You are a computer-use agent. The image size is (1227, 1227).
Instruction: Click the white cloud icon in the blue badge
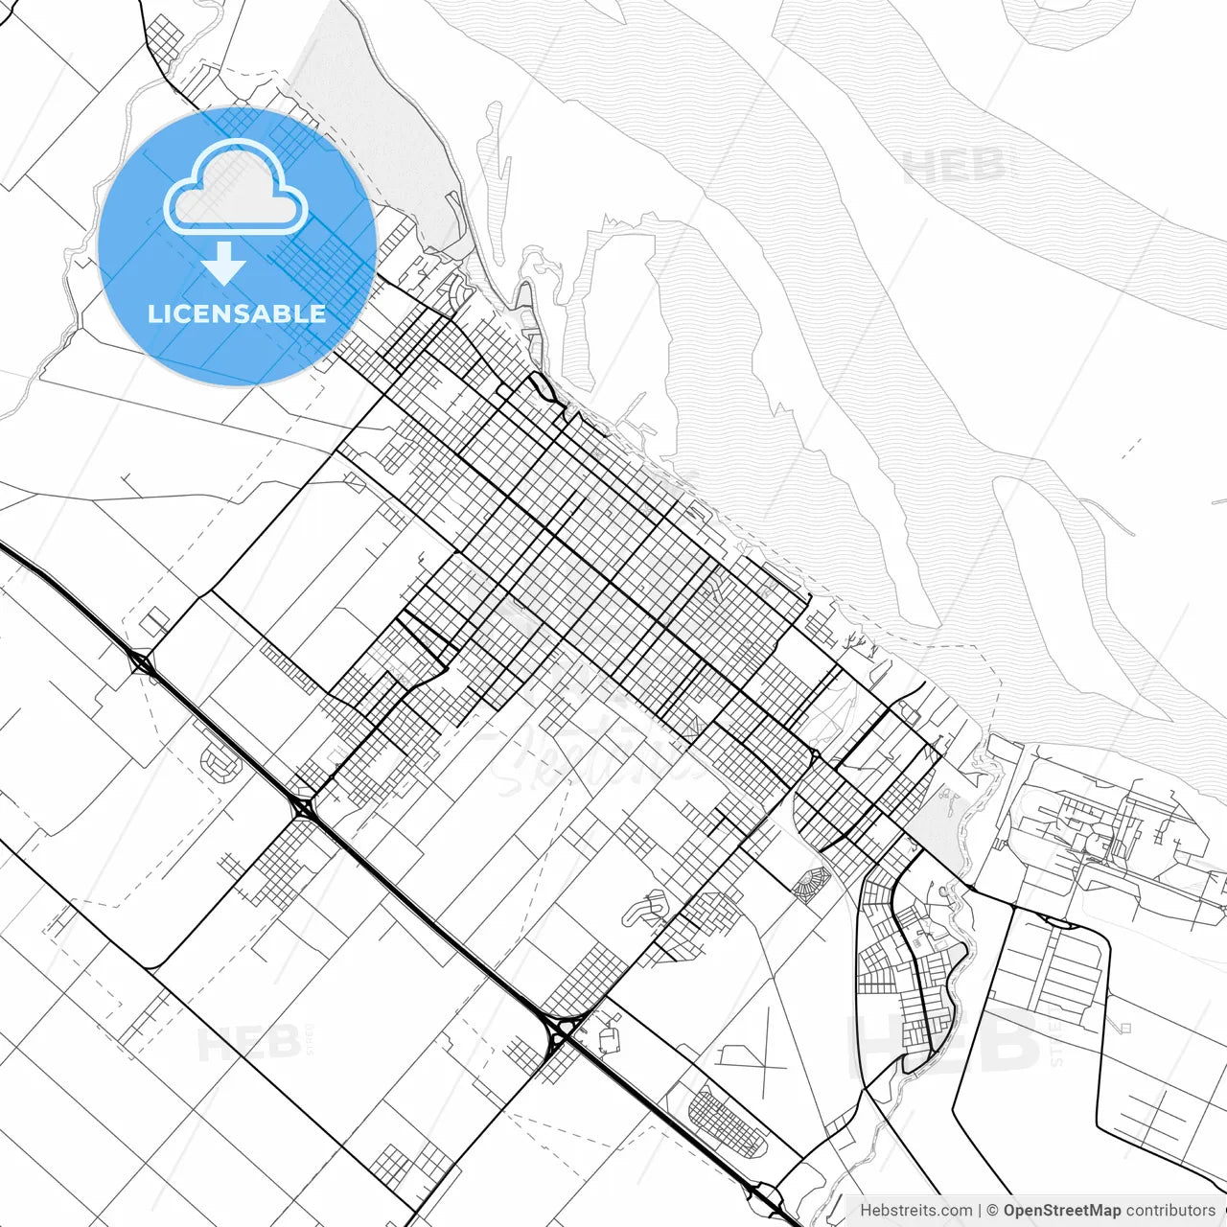coord(236,187)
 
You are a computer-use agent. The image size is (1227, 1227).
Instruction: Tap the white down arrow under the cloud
coord(223,263)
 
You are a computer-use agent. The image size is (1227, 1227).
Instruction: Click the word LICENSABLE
coord(237,313)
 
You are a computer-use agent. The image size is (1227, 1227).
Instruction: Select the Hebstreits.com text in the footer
coord(915,1211)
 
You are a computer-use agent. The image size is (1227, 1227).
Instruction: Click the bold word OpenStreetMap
coord(1061,1211)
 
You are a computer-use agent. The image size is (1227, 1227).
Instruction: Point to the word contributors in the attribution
coord(1169,1211)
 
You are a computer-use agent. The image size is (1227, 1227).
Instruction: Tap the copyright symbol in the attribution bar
coord(992,1211)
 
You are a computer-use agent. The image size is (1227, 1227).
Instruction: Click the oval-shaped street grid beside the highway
coord(729,1123)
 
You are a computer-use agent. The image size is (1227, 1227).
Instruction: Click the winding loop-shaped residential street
coord(646,908)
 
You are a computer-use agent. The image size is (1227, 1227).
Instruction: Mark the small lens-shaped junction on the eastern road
coord(1058,922)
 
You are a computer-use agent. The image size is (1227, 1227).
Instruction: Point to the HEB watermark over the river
coord(955,169)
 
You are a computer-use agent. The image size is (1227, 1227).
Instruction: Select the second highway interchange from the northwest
coord(303,808)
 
